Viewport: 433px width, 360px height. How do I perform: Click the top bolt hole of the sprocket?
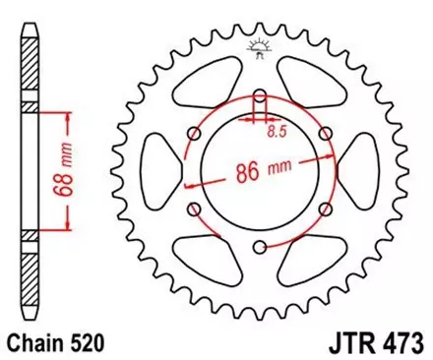(x=260, y=96)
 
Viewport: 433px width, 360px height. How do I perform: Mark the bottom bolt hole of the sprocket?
(x=260, y=247)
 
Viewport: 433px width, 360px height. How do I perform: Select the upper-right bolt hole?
(x=326, y=134)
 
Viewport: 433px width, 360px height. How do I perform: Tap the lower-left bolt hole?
(x=195, y=209)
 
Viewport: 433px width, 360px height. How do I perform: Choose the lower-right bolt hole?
(x=326, y=209)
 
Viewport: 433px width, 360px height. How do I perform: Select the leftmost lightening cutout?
(x=161, y=171)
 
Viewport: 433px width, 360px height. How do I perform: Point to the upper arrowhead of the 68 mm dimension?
(x=68, y=114)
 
